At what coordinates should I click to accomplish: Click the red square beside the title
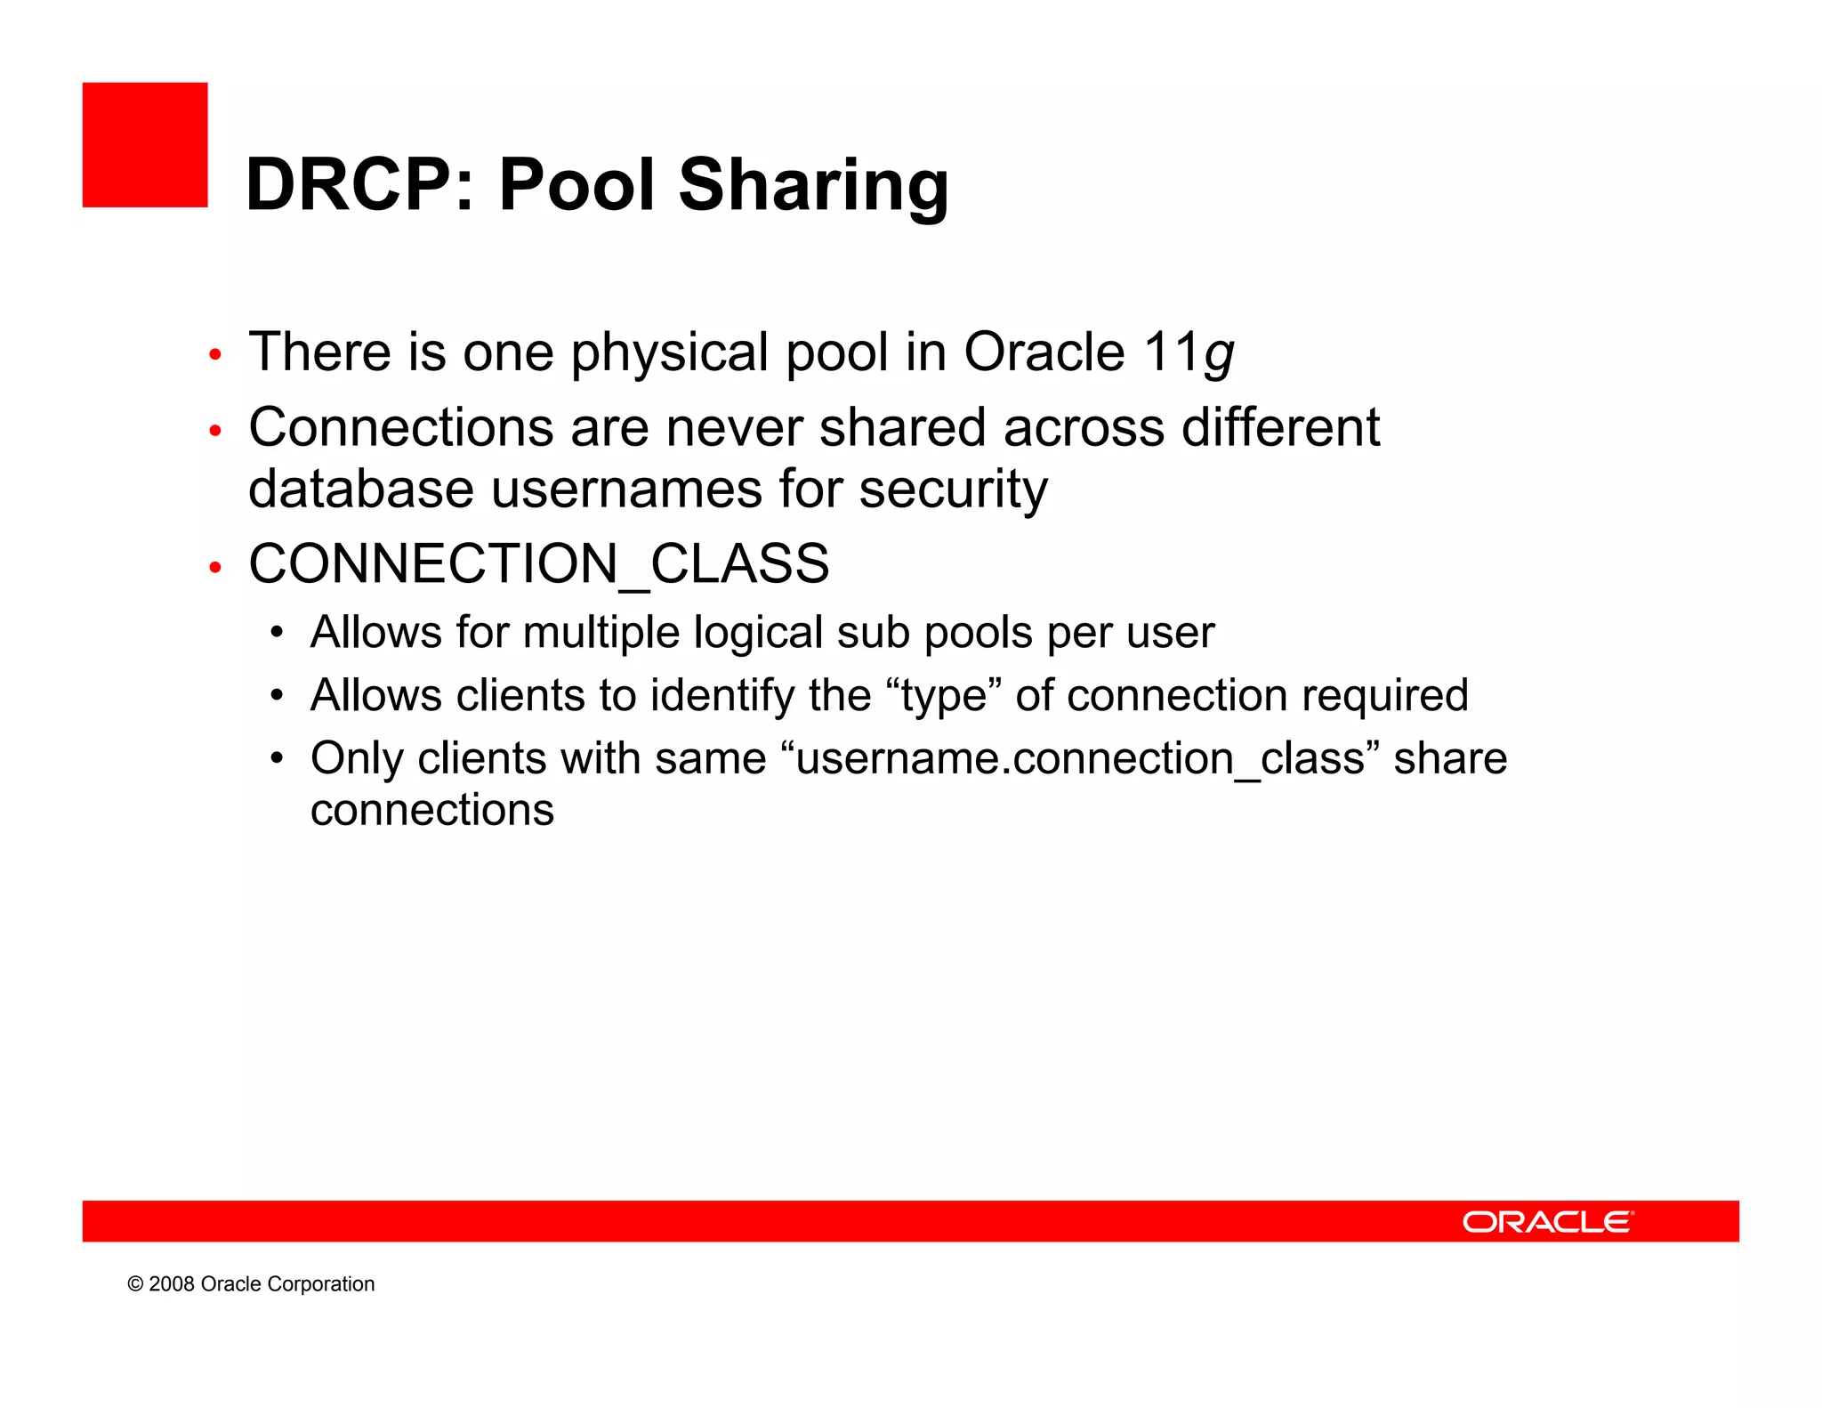coord(145,145)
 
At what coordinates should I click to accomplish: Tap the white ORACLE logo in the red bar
coord(1547,1222)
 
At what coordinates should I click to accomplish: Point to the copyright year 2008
coord(171,1284)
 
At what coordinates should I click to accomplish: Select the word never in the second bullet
coord(734,428)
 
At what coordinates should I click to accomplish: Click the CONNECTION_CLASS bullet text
coord(538,564)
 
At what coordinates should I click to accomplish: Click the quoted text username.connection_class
coord(1080,759)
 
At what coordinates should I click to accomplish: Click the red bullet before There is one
coord(214,355)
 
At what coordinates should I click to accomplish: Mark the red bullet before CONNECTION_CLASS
coord(214,567)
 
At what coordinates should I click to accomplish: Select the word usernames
coord(626,490)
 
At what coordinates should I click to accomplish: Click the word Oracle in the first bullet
coord(1044,352)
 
